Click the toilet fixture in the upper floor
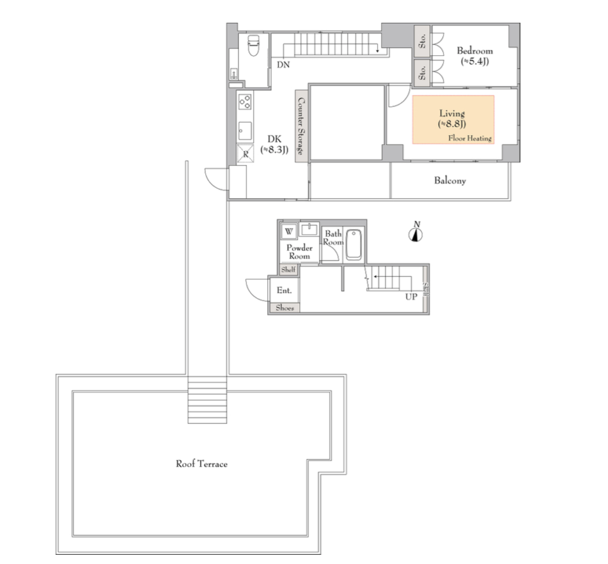click(254, 45)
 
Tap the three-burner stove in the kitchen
click(245, 102)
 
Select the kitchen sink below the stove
click(245, 131)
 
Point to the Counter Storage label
click(301, 126)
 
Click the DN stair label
click(283, 64)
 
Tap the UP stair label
click(411, 297)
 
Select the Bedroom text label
click(475, 50)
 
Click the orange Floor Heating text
click(470, 138)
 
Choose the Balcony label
click(450, 180)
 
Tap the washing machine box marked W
click(289, 231)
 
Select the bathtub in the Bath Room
click(353, 244)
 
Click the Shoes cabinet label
click(285, 308)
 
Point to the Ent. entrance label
click(284, 290)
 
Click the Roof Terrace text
click(201, 464)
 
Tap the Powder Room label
click(300, 252)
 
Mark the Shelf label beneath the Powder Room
click(289, 269)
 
